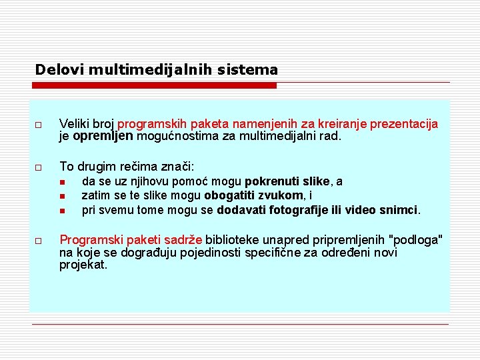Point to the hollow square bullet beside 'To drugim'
pyautogui.click(x=39, y=167)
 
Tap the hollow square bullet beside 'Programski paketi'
pyautogui.click(x=39, y=240)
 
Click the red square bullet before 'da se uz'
pyautogui.click(x=62, y=183)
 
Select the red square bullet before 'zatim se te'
pyautogui.click(x=62, y=197)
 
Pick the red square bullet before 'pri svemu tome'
pyautogui.click(x=62, y=211)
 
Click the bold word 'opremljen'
pyautogui.click(x=104, y=137)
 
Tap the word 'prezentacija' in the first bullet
pyautogui.click(x=404, y=124)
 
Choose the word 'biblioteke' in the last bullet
pyautogui.click(x=233, y=240)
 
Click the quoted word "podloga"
pyautogui.click(x=419, y=240)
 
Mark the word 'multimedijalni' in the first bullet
pyautogui.click(x=276, y=137)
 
